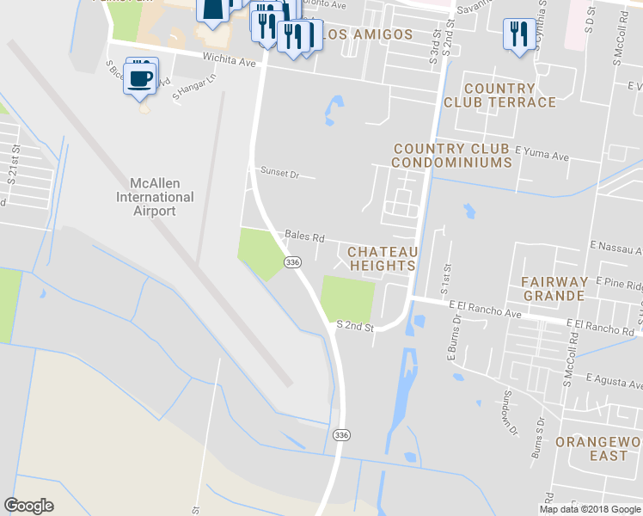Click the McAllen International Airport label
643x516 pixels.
pyautogui.click(x=156, y=197)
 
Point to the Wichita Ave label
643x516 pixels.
pyautogui.click(x=230, y=61)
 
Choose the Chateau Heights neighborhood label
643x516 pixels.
pyautogui.click(x=383, y=258)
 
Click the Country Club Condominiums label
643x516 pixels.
pyautogui.click(x=452, y=156)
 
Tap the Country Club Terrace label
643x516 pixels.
pyautogui.click(x=499, y=95)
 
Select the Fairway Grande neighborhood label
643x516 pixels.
pyautogui.click(x=554, y=288)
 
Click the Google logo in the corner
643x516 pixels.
pyautogui.click(x=29, y=506)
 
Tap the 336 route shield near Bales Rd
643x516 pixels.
pyautogui.click(x=292, y=262)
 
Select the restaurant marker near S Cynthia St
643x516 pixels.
pyautogui.click(x=516, y=35)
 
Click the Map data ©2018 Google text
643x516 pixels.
pyautogui.click(x=590, y=509)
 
